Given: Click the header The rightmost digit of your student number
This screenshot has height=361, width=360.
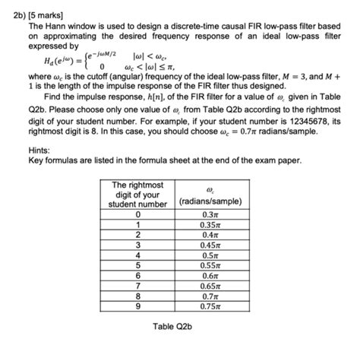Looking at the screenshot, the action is (x=137, y=194).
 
